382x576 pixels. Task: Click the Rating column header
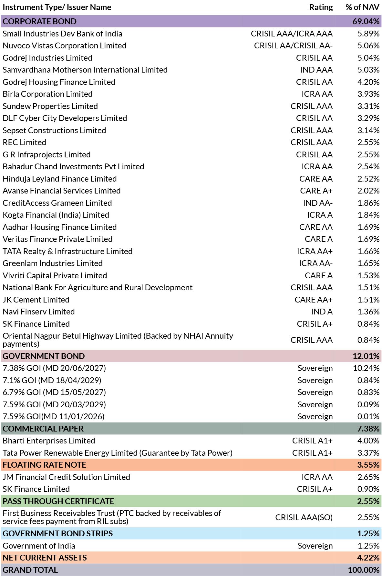[x=321, y=7]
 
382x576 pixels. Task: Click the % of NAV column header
[x=362, y=7]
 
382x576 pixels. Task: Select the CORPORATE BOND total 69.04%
[x=366, y=21]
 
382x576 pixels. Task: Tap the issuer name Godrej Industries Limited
[x=47, y=58]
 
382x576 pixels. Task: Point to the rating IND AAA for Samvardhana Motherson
[x=316, y=70]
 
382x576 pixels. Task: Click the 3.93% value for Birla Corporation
[x=368, y=94]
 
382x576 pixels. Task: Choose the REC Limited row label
[x=25, y=142]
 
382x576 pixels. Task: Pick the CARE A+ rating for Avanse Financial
[x=316, y=191]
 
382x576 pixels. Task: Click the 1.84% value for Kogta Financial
[x=368, y=215]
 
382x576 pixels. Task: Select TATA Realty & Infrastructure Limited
[x=67, y=251]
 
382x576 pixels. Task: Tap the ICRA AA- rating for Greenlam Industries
[x=315, y=263]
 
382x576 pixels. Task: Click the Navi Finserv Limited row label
[x=39, y=312]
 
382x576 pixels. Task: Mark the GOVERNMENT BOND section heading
[x=44, y=356]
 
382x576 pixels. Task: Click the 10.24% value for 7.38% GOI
[x=366, y=368]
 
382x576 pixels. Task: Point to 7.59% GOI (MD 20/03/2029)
[x=54, y=404]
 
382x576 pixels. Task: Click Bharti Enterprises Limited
[x=49, y=441]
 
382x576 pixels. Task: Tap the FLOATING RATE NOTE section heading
[x=45, y=465]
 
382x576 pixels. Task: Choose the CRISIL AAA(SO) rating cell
[x=304, y=517]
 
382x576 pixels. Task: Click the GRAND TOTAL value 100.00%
[x=364, y=570]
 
